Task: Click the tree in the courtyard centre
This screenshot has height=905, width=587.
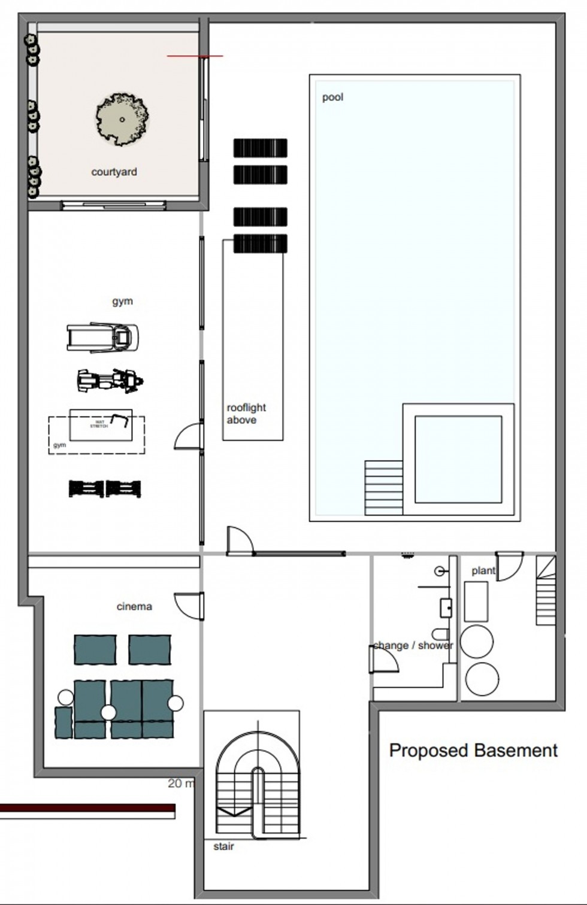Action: [122, 119]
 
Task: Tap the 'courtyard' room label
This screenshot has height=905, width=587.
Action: [114, 172]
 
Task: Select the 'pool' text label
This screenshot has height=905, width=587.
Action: [332, 97]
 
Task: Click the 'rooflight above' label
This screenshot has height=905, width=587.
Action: [246, 414]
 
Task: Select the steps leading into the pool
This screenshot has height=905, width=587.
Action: [383, 487]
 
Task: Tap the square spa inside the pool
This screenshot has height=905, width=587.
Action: [458, 459]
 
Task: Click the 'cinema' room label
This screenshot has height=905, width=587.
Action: [134, 606]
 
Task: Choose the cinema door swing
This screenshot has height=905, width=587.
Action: [188, 604]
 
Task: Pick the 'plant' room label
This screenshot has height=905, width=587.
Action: [483, 570]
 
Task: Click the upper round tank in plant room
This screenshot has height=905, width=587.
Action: [477, 641]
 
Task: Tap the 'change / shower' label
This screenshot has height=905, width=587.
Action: [413, 645]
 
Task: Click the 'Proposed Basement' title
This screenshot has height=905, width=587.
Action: [473, 750]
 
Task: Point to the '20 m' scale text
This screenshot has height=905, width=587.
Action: [181, 783]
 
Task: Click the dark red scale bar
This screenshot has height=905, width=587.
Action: [87, 808]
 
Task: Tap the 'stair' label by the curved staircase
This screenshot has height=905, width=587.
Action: [223, 846]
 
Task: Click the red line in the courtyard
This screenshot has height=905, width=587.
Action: [195, 56]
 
